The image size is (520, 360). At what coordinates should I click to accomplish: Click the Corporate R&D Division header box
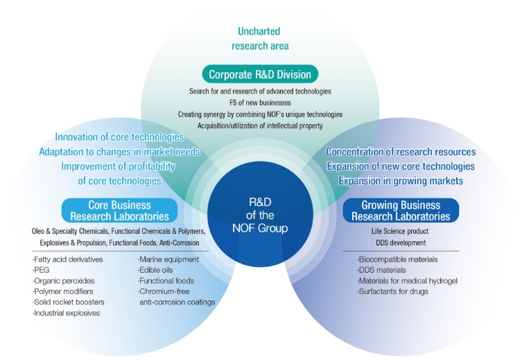[x=260, y=74]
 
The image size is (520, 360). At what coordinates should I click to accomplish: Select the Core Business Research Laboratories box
[x=119, y=209]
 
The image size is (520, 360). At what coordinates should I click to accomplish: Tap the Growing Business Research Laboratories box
[x=400, y=209]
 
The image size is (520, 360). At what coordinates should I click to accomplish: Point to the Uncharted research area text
[x=259, y=39]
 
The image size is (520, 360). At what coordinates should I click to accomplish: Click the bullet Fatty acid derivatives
[x=68, y=259]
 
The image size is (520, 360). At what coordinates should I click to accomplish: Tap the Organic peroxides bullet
[x=63, y=281]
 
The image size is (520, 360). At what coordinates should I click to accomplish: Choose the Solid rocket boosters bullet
[x=69, y=302]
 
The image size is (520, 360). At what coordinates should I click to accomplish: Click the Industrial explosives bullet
[x=67, y=314]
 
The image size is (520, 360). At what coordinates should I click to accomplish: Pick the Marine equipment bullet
[x=169, y=259]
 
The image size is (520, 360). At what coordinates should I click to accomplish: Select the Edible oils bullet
[x=157, y=270]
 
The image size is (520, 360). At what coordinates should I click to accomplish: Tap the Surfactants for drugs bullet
[x=392, y=291]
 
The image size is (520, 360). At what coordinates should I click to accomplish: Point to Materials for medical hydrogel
[x=408, y=280]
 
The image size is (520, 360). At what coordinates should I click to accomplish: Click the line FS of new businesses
[x=259, y=102]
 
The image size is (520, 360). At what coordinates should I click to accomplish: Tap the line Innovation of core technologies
[x=119, y=137]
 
